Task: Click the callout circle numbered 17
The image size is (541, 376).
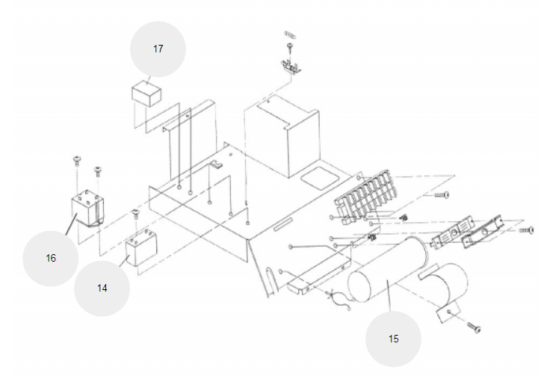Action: coord(158,49)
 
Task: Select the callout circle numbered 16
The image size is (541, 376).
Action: coord(51,258)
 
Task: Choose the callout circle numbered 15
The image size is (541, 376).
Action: coord(394,339)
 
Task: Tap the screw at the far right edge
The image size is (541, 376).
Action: coord(528,230)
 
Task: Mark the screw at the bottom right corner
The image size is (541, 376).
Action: coord(474,327)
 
